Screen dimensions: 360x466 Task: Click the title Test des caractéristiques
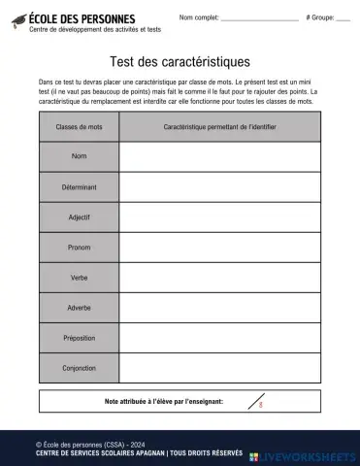pyautogui.click(x=180, y=62)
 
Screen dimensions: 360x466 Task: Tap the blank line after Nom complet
pyautogui.click(x=259, y=19)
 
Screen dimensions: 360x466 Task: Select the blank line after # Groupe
pyautogui.click(x=343, y=19)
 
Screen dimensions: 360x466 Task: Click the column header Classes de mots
pyautogui.click(x=80, y=127)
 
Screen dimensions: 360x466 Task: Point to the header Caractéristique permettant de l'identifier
pyautogui.click(x=220, y=127)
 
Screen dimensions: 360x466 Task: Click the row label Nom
pyautogui.click(x=80, y=156)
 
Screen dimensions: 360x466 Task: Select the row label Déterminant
pyautogui.click(x=80, y=186)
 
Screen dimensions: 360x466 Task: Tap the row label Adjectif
pyautogui.click(x=80, y=217)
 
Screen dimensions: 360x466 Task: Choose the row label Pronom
pyautogui.click(x=80, y=248)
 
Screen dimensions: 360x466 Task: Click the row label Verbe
pyautogui.click(x=80, y=278)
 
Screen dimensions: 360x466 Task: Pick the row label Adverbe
pyautogui.click(x=80, y=308)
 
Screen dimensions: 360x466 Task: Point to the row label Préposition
pyautogui.click(x=80, y=338)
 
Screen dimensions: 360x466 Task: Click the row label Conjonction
pyautogui.click(x=80, y=368)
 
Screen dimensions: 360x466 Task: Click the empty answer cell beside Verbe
pyautogui.click(x=220, y=278)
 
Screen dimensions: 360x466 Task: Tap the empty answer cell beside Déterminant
pyautogui.click(x=220, y=186)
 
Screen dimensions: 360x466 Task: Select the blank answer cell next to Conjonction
pyautogui.click(x=220, y=368)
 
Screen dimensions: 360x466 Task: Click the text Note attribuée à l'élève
pyautogui.click(x=163, y=400)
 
